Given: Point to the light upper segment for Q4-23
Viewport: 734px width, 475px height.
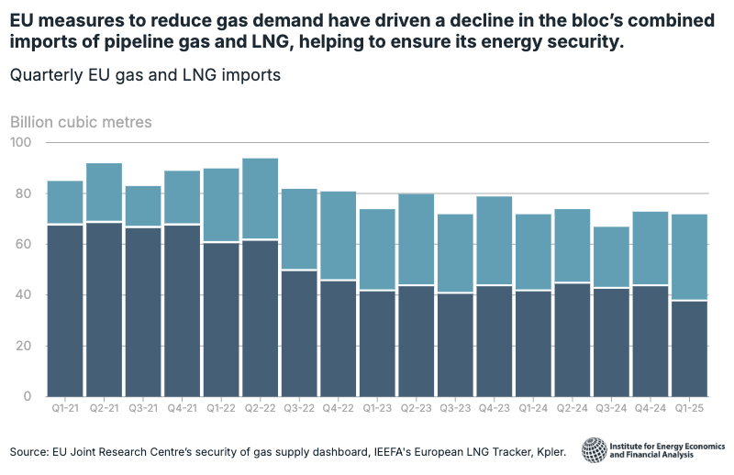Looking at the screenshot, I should point(494,240).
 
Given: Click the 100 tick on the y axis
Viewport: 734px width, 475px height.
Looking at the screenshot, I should point(21,143).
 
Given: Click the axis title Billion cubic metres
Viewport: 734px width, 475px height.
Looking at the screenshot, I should point(81,122).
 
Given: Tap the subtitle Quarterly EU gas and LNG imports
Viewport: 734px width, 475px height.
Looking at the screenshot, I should point(145,75).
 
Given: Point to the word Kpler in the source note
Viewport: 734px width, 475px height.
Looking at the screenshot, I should point(548,452).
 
